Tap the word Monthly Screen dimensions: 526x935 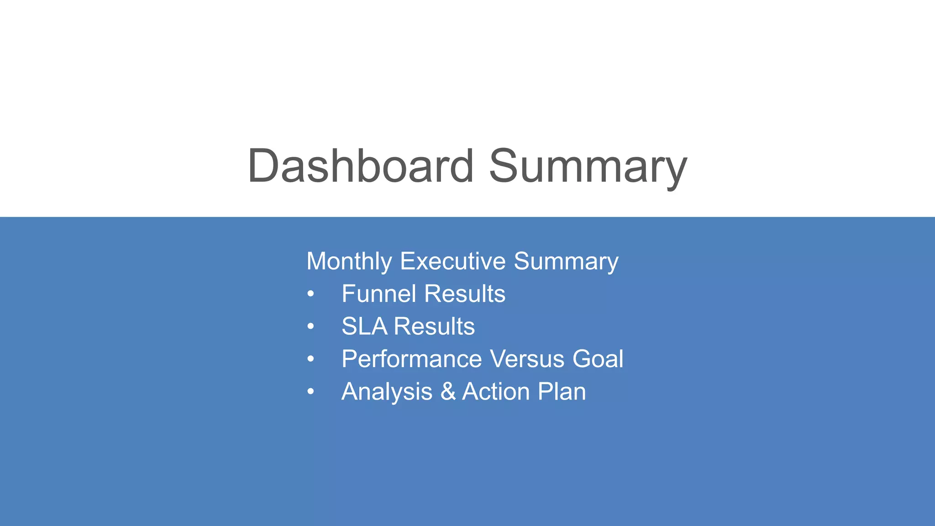(x=349, y=262)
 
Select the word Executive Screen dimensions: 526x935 (x=452, y=261)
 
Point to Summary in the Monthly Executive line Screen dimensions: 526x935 (x=566, y=262)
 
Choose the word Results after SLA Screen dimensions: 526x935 (x=434, y=326)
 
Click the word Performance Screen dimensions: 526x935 (x=411, y=359)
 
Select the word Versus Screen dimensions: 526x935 (x=527, y=359)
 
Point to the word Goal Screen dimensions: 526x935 (x=598, y=359)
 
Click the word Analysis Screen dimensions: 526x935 (x=387, y=392)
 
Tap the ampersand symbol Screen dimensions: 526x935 (x=448, y=392)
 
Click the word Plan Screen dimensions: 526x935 (x=562, y=392)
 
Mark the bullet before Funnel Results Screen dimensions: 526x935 (x=311, y=294)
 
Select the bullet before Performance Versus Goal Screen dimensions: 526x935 (x=311, y=359)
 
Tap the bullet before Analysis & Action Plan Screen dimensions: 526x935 (x=311, y=392)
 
